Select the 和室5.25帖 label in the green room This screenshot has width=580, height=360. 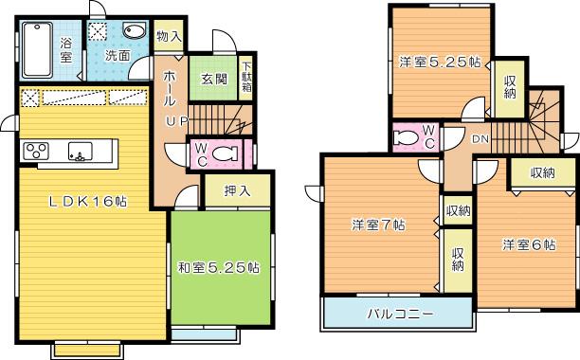click(x=218, y=267)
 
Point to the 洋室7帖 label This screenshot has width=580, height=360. click(x=379, y=225)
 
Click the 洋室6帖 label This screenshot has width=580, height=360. click(x=528, y=244)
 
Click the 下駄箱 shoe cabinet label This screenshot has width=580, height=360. click(x=245, y=72)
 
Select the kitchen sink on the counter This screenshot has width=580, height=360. click(x=79, y=152)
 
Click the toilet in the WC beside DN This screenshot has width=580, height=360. click(x=405, y=137)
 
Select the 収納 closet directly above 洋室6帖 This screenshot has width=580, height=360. click(x=542, y=172)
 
